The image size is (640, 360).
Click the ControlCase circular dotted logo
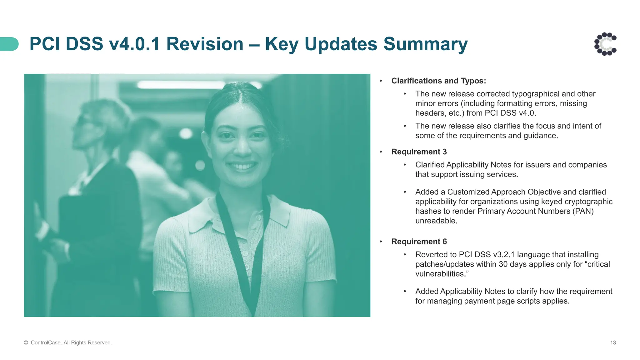(605, 44)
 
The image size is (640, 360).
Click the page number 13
(613, 342)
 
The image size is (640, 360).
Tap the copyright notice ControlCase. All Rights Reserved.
(68, 342)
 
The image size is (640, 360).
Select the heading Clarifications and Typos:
(438, 81)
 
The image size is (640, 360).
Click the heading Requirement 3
(419, 152)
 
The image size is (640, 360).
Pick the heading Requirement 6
(419, 242)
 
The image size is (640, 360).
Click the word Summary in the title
(425, 44)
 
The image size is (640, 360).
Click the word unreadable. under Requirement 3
(436, 221)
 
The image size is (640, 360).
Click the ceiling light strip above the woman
(181, 84)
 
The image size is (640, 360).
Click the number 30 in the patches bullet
(503, 264)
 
